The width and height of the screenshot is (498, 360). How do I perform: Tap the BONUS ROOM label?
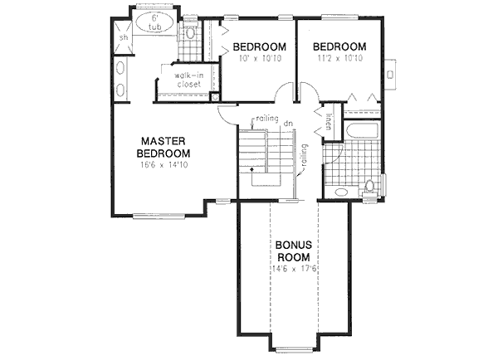[294, 251]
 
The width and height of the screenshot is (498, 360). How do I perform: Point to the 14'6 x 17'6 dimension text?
[294, 270]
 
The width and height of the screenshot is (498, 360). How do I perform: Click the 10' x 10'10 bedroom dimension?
[260, 60]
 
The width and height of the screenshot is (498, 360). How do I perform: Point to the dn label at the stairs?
[288, 124]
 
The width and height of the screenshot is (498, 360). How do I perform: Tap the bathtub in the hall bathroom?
[359, 131]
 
